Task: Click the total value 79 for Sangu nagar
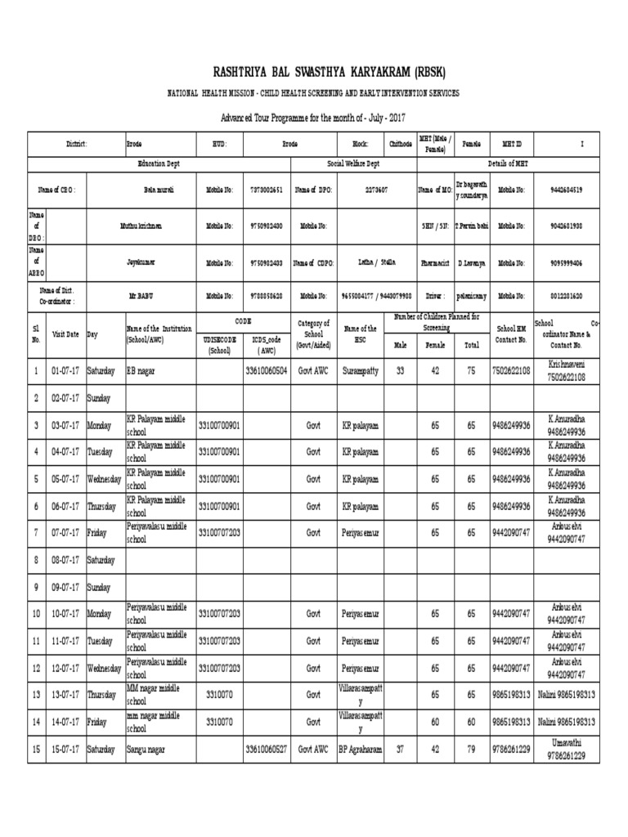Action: pyautogui.click(x=470, y=750)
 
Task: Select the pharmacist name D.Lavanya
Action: pyautogui.click(x=472, y=263)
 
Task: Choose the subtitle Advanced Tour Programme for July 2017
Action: pyautogui.click(x=313, y=117)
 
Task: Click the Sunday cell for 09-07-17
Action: pyautogui.click(x=101, y=586)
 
